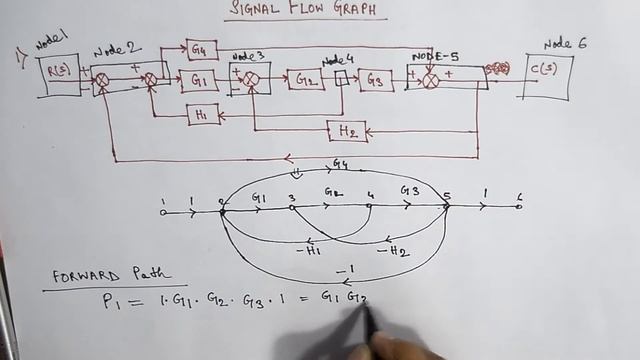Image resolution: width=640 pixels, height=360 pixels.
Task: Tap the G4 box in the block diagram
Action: tap(199, 49)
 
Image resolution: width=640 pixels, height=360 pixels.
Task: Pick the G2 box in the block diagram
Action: tap(305, 80)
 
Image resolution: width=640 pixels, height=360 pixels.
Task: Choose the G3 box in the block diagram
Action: tap(376, 80)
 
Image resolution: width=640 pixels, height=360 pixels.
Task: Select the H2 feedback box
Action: tap(347, 131)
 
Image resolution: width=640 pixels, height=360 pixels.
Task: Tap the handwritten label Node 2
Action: tap(113, 51)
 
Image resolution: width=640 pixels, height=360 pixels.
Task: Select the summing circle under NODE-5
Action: tap(431, 81)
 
